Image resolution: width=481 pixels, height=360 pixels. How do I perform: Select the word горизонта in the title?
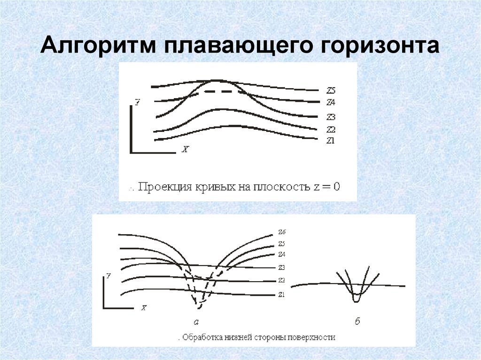coord(378,47)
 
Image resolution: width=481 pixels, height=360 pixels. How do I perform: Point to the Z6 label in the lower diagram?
coord(282,232)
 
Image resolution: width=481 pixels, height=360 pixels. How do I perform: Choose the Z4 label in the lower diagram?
coord(282,254)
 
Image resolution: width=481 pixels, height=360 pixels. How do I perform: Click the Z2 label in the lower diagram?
coord(282,280)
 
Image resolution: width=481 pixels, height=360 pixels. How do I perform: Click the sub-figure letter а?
coord(197,322)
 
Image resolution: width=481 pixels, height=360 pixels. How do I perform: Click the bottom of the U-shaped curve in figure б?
coord(357,300)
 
